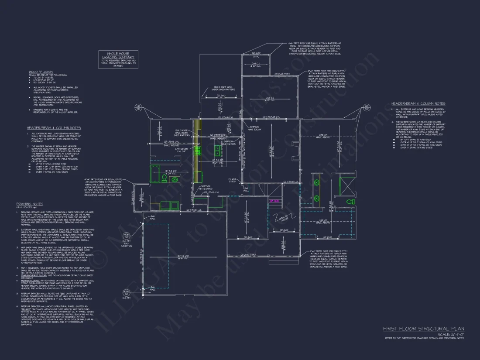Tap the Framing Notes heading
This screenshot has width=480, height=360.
click(30, 204)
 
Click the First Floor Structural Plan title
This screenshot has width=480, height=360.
click(424, 329)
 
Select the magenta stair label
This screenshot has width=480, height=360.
click(274, 201)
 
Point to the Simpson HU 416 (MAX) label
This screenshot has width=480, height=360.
click(206, 188)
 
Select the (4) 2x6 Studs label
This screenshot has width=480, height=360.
click(233, 180)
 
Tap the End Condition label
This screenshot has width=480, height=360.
click(127, 245)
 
